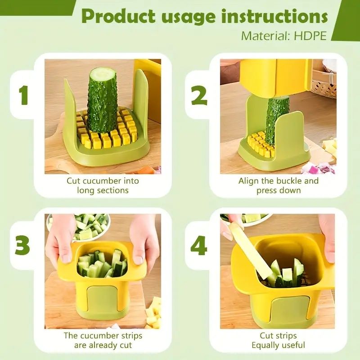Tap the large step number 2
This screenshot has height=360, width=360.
199,96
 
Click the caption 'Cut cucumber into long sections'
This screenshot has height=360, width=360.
103,185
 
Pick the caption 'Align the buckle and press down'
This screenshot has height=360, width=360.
278,185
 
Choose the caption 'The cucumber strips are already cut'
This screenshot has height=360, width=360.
103,340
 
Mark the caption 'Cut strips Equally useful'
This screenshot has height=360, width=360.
278,340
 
